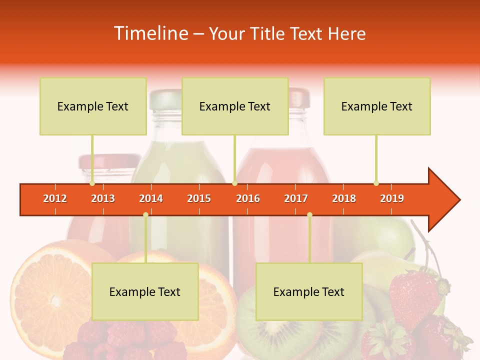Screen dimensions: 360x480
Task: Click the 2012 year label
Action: coord(55,198)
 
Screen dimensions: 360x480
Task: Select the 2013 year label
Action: coord(103,198)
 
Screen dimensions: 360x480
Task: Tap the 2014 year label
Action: coord(151,198)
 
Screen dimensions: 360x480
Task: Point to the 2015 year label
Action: coord(199,198)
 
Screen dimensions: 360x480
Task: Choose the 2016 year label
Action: coord(248,198)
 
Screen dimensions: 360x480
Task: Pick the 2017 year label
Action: coord(296,198)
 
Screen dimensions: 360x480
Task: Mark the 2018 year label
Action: coord(344,198)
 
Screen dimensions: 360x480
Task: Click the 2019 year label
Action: coord(392,198)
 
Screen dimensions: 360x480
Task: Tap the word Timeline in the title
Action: coord(150,33)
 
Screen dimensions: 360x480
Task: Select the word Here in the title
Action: coord(346,33)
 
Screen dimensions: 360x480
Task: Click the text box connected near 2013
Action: coord(93,106)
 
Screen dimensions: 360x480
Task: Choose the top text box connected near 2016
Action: coord(235,106)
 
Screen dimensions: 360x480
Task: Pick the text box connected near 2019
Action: coord(377,106)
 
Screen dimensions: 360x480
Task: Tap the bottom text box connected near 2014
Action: coord(145,291)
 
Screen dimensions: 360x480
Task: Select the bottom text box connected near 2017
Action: coord(309,291)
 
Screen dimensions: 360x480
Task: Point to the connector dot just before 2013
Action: coord(92,183)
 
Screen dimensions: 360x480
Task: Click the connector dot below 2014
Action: coord(145,215)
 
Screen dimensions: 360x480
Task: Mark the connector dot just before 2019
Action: coord(376,183)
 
